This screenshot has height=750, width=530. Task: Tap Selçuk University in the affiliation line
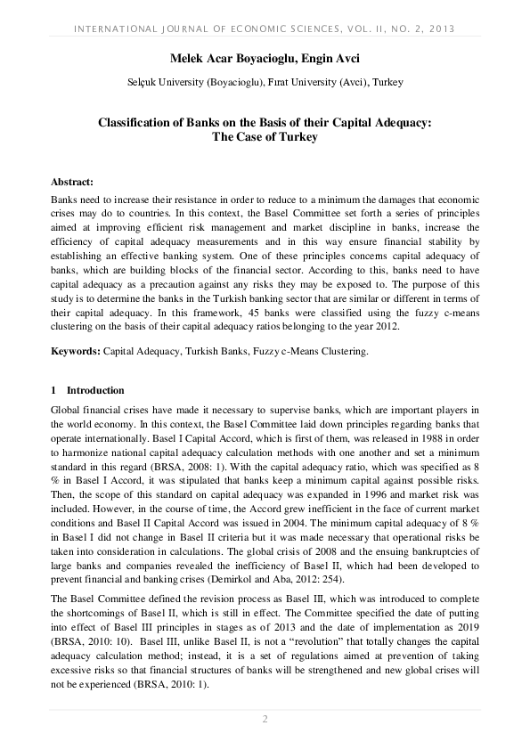pos(167,83)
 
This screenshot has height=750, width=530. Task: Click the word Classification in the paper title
pos(137,123)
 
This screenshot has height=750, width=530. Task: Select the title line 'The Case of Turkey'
pos(265,138)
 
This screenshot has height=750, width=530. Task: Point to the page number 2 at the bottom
pos(265,719)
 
